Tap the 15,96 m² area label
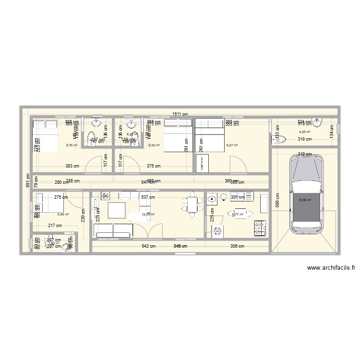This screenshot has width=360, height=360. (305, 201)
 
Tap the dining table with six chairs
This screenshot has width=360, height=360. (192, 205)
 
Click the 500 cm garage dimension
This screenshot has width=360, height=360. (277, 199)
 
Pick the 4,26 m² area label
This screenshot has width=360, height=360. (304, 132)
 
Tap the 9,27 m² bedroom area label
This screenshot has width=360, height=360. (232, 144)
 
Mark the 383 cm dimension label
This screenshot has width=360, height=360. (72, 166)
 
